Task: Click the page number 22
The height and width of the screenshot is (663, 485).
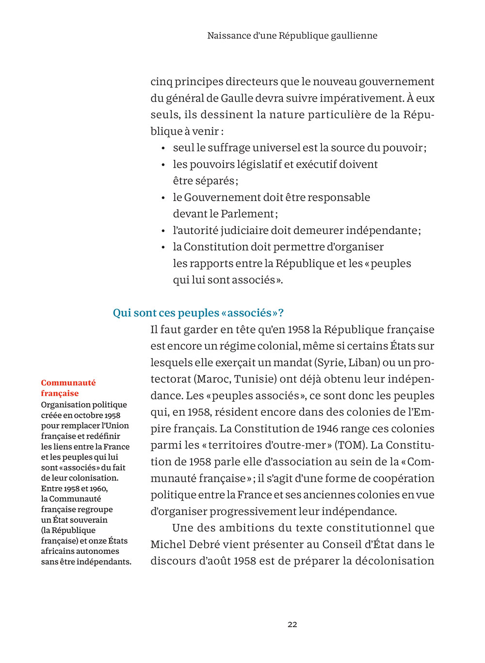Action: click(x=292, y=624)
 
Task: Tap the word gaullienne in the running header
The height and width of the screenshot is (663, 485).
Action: click(x=354, y=36)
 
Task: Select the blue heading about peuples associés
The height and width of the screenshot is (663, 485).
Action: click(x=198, y=313)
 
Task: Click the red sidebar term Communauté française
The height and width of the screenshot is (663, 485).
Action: click(x=68, y=388)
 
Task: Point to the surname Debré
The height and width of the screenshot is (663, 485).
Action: click(x=203, y=544)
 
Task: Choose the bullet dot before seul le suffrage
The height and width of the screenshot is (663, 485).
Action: click(x=163, y=148)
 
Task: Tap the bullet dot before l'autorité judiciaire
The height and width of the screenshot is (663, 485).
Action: click(x=163, y=231)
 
